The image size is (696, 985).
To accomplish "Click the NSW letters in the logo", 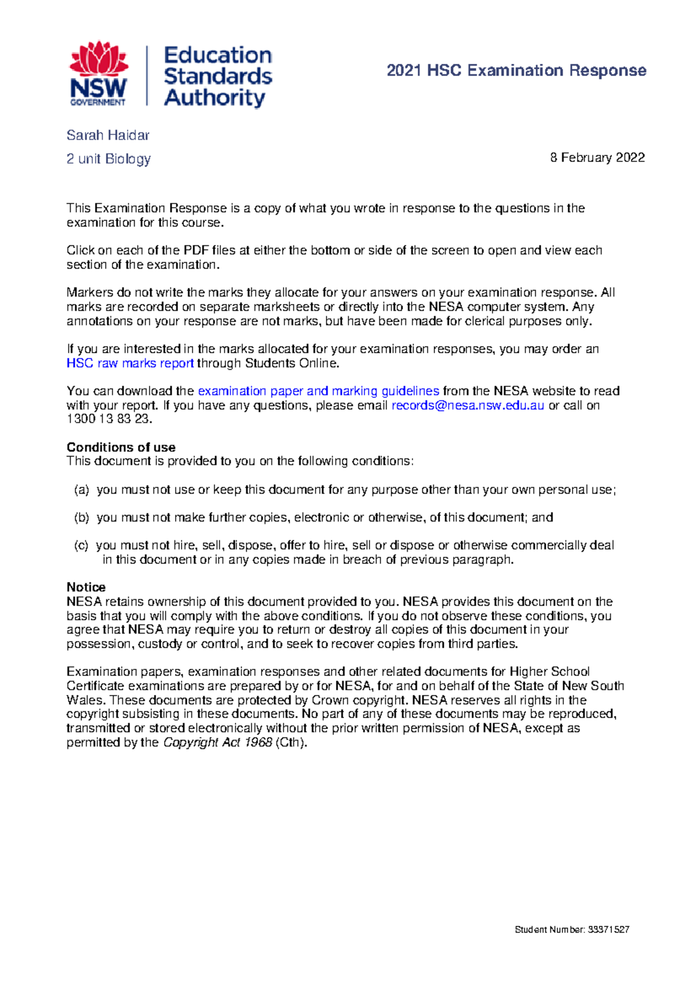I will tap(98, 88).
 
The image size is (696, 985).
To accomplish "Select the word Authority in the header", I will tap(214, 97).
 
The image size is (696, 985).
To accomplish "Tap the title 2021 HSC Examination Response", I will tap(516, 71).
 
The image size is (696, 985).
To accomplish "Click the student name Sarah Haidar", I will tap(108, 135).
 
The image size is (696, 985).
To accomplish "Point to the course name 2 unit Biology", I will tap(108, 158).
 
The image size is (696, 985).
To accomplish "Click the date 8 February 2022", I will tap(597, 158).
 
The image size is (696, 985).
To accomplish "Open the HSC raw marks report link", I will tap(130, 363).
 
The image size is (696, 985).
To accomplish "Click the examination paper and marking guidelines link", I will tap(318, 391).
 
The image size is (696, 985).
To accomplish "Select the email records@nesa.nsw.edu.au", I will tap(467, 405).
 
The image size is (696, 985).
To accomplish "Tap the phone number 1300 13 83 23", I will tap(109, 419).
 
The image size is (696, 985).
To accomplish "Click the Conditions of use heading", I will tap(121, 447).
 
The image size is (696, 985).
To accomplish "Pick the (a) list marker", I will tap(81, 490).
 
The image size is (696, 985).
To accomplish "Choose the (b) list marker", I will tap(81, 517).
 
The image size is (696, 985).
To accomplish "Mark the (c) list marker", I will tap(81, 545).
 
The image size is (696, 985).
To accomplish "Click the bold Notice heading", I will tap(86, 587).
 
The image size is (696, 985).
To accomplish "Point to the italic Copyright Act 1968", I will tap(217, 743).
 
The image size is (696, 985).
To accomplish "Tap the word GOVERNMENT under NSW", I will tap(97, 102).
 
